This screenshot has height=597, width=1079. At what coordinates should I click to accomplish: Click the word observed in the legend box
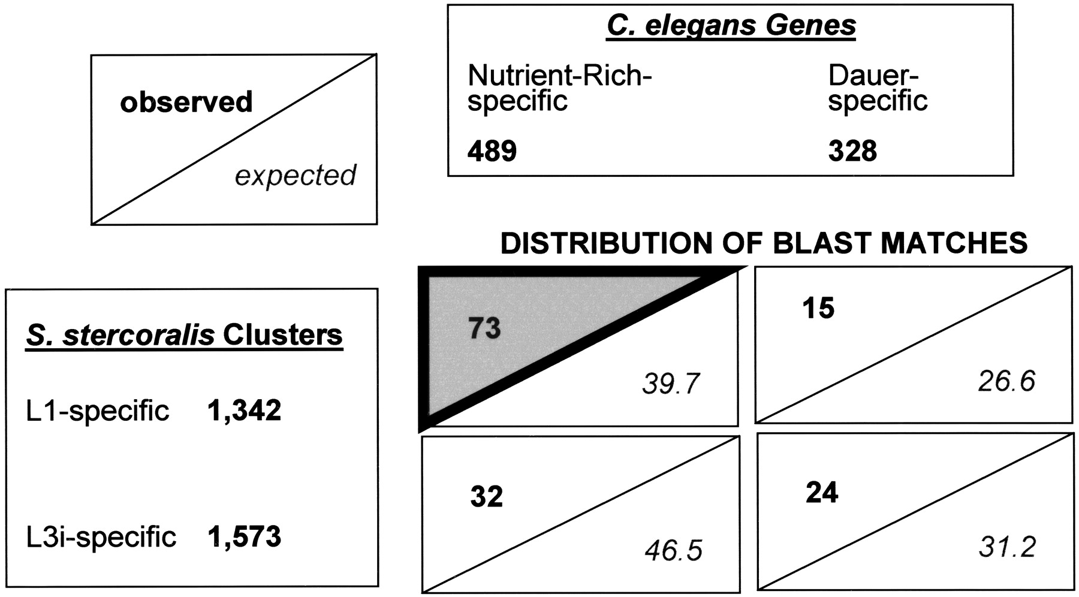(x=186, y=102)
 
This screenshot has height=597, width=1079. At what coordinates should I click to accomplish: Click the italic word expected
(x=296, y=176)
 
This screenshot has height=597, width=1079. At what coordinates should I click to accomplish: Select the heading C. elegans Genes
(x=731, y=26)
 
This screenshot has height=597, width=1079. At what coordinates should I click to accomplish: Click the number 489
(x=492, y=150)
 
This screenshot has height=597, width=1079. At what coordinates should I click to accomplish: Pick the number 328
(x=853, y=150)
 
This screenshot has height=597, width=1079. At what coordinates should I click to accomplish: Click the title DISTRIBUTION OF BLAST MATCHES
(x=764, y=243)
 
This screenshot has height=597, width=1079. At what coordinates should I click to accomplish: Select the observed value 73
(x=484, y=328)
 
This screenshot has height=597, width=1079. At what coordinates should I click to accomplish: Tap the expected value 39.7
(x=671, y=384)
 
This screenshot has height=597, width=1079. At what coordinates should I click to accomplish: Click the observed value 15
(x=818, y=308)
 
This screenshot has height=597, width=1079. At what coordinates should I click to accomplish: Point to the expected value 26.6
(x=1007, y=381)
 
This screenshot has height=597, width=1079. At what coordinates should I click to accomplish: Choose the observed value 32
(x=486, y=496)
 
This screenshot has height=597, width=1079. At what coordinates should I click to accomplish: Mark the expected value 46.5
(x=674, y=551)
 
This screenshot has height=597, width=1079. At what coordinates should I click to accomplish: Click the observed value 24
(x=822, y=492)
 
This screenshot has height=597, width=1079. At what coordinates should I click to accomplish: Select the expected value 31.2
(x=1008, y=547)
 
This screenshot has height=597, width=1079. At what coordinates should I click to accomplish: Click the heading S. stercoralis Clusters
(x=185, y=335)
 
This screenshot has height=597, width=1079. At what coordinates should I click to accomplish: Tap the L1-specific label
(x=98, y=411)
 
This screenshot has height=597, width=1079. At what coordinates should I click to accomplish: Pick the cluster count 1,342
(x=245, y=411)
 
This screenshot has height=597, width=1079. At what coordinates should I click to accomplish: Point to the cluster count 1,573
(x=245, y=536)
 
